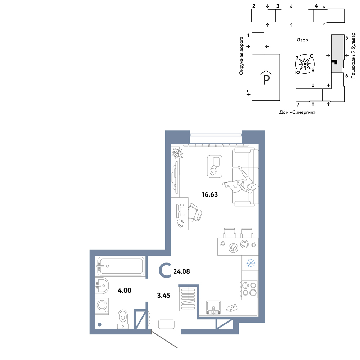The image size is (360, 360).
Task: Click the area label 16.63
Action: [210, 194]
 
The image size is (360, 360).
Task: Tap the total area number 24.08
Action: [181, 271]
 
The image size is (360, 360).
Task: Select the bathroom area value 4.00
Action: [125, 291]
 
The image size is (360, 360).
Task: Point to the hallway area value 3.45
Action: [164, 295]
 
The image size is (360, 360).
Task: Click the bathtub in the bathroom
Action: [121, 266]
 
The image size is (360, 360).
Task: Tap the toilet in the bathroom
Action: [123, 319]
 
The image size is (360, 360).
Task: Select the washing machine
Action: [102, 306]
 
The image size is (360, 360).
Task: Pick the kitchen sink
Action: [213, 307]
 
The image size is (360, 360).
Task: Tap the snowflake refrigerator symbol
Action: [251, 263]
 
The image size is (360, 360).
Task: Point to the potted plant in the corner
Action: [177, 153]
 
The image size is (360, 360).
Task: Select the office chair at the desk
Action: [195, 212]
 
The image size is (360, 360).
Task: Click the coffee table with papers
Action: [215, 166]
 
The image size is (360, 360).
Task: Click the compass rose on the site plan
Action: [305, 64]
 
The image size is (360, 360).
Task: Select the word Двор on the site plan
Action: [302, 40]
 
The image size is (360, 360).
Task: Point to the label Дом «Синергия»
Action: [297, 112]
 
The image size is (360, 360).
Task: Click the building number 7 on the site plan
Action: [298, 105]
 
